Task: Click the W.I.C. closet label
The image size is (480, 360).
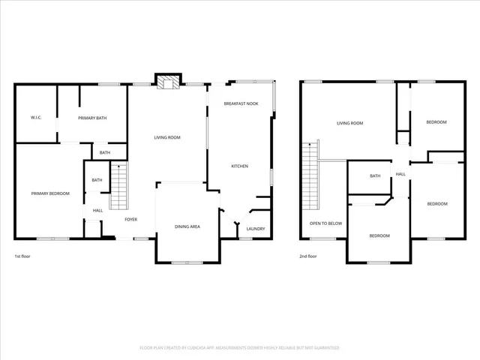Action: point(35,118)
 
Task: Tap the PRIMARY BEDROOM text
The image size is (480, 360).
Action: point(50,193)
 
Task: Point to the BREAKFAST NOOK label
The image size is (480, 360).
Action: point(241,103)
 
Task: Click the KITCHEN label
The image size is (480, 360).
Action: point(239,166)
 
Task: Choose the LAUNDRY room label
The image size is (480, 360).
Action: point(256,229)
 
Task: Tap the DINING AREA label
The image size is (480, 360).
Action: point(187,226)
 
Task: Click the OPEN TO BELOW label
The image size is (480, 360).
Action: point(326,223)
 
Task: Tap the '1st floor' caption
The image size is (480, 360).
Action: point(22,256)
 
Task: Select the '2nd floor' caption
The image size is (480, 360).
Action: point(307,256)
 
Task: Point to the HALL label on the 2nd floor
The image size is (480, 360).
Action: point(400,174)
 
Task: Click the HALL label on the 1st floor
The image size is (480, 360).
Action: point(97,210)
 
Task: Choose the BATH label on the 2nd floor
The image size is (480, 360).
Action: point(375,175)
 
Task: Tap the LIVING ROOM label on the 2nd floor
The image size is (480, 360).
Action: point(349,122)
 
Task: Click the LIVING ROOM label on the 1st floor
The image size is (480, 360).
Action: point(167,137)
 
